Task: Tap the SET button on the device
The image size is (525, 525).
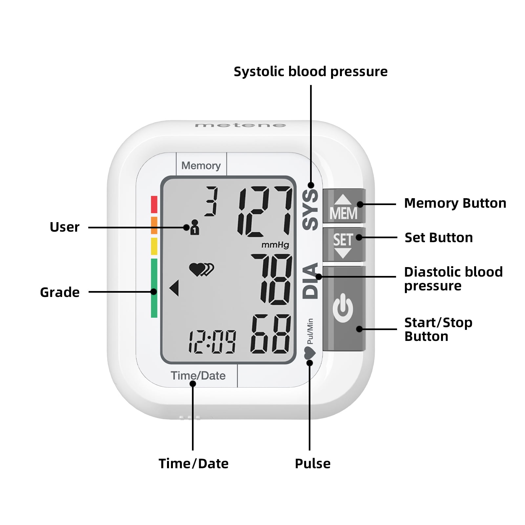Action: (344, 244)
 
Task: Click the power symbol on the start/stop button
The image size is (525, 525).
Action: (343, 308)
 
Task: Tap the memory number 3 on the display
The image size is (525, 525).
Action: (211, 201)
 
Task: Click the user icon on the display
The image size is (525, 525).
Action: (195, 227)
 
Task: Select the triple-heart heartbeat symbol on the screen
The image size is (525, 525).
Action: (201, 270)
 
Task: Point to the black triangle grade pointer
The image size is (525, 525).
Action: (175, 288)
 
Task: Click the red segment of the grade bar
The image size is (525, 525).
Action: (154, 204)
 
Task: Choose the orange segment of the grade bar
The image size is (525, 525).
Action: (154, 225)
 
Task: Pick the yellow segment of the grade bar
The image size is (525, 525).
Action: (154, 246)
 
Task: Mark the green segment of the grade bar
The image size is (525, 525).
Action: (154, 288)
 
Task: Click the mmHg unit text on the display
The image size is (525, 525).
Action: (275, 245)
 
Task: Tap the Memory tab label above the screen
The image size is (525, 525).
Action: (201, 166)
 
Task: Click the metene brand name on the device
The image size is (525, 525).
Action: (241, 125)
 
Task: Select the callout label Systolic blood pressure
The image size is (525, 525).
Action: (310, 72)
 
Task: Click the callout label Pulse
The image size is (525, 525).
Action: (313, 464)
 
